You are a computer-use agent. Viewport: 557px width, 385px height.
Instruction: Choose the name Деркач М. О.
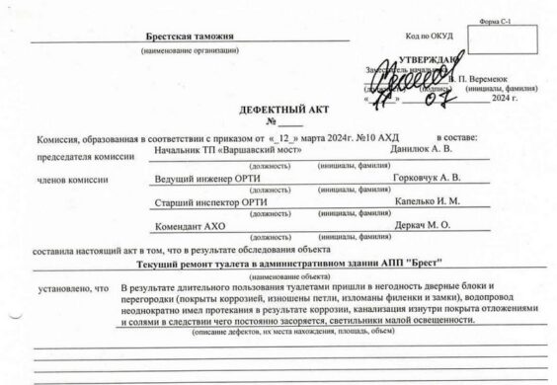point(422,228)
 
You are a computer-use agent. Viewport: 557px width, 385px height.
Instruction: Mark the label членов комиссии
point(66,181)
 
